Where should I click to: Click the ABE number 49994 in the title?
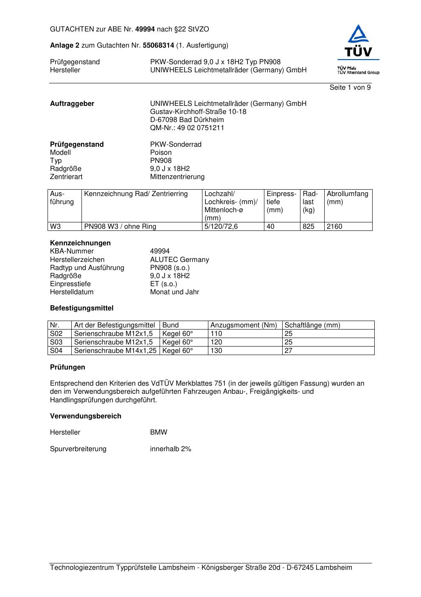145,29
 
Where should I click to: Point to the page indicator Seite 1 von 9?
350,88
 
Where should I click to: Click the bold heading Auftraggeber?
72,104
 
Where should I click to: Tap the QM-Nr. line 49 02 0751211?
187,128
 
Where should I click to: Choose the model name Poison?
161,153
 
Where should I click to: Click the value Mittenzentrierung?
177,177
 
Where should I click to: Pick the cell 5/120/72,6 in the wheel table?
221,227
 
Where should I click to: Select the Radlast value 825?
309,227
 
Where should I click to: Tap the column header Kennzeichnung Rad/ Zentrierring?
136,194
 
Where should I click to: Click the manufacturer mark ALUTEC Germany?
180,260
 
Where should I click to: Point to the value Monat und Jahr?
174,292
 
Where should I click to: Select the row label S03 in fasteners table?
56,342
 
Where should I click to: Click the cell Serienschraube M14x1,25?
115,351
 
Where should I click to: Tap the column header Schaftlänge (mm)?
312,325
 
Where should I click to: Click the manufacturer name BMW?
159,432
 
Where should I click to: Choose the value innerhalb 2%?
171,449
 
